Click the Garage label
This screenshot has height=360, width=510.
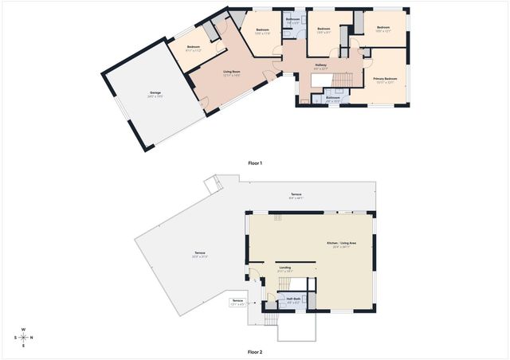coord(155,95)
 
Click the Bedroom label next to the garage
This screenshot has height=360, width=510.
coord(194,47)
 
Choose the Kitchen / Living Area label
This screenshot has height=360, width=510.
coord(340,243)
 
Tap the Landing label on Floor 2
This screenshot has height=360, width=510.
coord(284,268)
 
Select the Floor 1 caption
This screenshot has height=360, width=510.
coord(255,163)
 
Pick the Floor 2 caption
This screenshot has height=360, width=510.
coord(255,351)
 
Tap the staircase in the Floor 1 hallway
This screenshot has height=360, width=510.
coord(341,80)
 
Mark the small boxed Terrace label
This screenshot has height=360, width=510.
coord(237,301)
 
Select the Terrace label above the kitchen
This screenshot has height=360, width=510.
coord(295,195)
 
